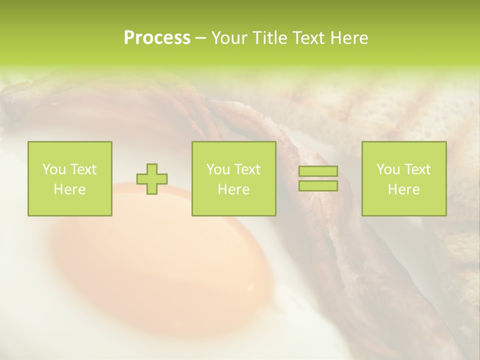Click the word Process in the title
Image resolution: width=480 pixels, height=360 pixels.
(157, 38)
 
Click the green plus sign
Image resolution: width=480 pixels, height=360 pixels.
(152, 179)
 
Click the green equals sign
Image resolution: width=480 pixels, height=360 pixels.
(318, 178)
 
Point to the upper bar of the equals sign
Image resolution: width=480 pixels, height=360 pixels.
(318, 171)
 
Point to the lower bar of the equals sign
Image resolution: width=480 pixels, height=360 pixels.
(318, 186)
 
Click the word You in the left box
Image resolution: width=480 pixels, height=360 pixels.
(52, 169)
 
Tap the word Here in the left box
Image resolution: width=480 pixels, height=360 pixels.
(70, 189)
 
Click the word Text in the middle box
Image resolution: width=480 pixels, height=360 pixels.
(247, 169)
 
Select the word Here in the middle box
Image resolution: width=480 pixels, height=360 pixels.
(234, 189)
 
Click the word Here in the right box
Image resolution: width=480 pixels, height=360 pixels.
(404, 189)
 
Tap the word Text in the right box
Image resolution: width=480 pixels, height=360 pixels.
(417, 169)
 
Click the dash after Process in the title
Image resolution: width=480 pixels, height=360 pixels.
(201, 38)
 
